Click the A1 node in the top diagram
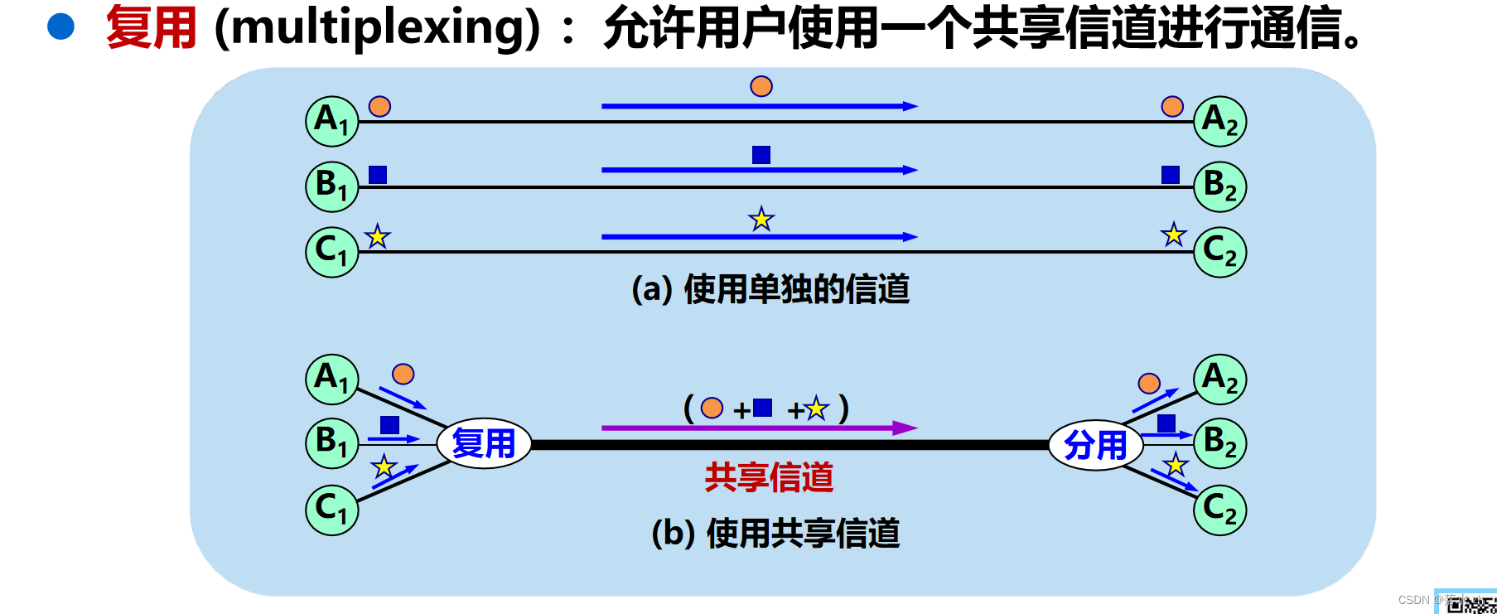click(332, 121)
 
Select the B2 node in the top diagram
click(1219, 186)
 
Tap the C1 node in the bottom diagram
click(332, 510)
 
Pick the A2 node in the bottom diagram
click(1219, 380)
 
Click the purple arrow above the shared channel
click(758, 428)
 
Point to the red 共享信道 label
click(769, 477)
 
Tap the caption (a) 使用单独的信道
click(770, 290)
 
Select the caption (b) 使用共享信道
click(775, 534)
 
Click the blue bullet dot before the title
click(61, 27)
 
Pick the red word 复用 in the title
click(151, 27)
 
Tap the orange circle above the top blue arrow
click(761, 86)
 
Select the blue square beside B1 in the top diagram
click(378, 174)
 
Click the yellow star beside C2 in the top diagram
click(1173, 234)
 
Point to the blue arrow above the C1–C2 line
click(758, 237)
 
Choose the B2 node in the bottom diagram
click(1219, 443)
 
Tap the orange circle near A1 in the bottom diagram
click(403, 375)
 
